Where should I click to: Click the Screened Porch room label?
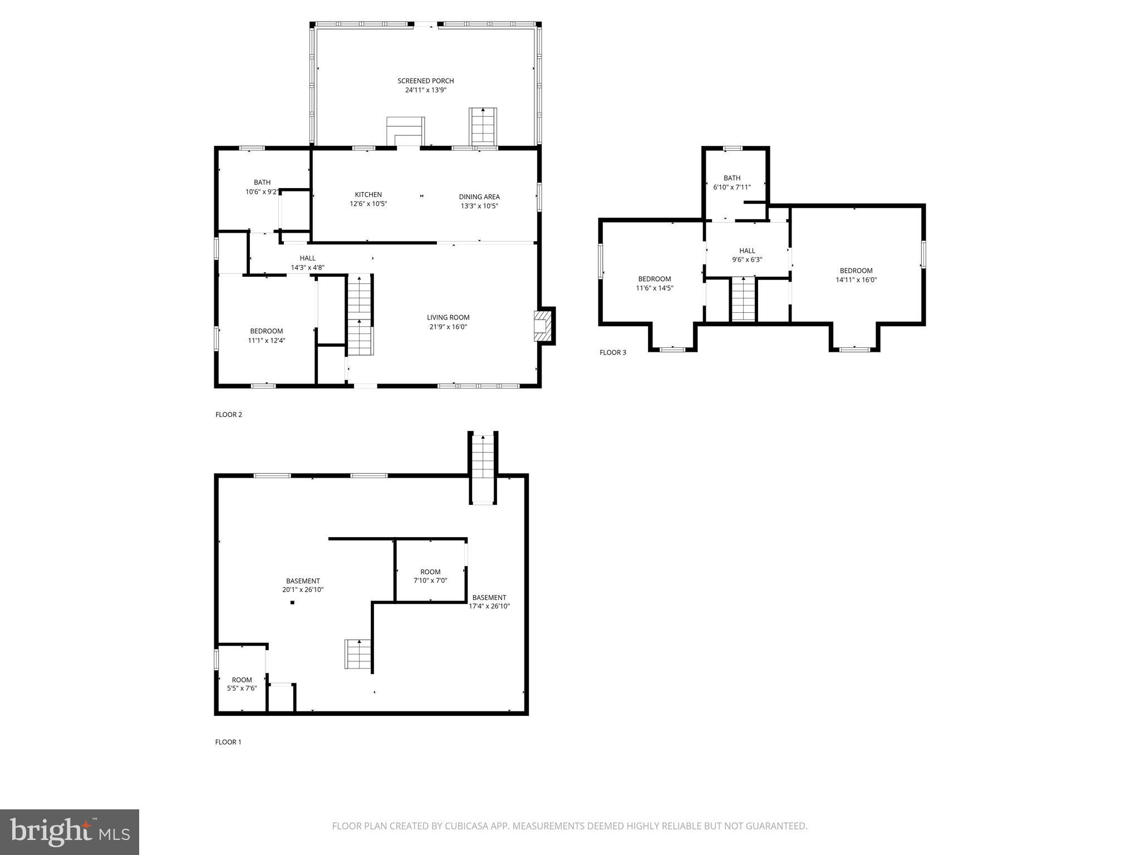(425, 81)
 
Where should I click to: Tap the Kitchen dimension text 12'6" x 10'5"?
(368, 204)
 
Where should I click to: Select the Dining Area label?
(479, 197)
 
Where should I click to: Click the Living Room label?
(448, 318)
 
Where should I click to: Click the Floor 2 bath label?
(262, 183)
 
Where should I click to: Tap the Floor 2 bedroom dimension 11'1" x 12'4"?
(266, 341)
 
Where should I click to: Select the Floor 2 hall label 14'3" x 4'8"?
(307, 263)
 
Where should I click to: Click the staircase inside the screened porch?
(483, 127)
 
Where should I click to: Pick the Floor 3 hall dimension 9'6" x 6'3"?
(746, 260)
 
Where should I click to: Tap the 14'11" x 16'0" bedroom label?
(856, 276)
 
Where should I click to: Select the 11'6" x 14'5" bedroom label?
(654, 284)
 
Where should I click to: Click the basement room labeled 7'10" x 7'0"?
(430, 576)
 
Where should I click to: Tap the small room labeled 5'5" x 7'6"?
(242, 684)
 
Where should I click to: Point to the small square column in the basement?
(292, 602)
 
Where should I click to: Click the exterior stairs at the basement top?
(483, 468)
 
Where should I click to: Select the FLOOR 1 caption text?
(228, 742)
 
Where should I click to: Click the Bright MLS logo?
(70, 832)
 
